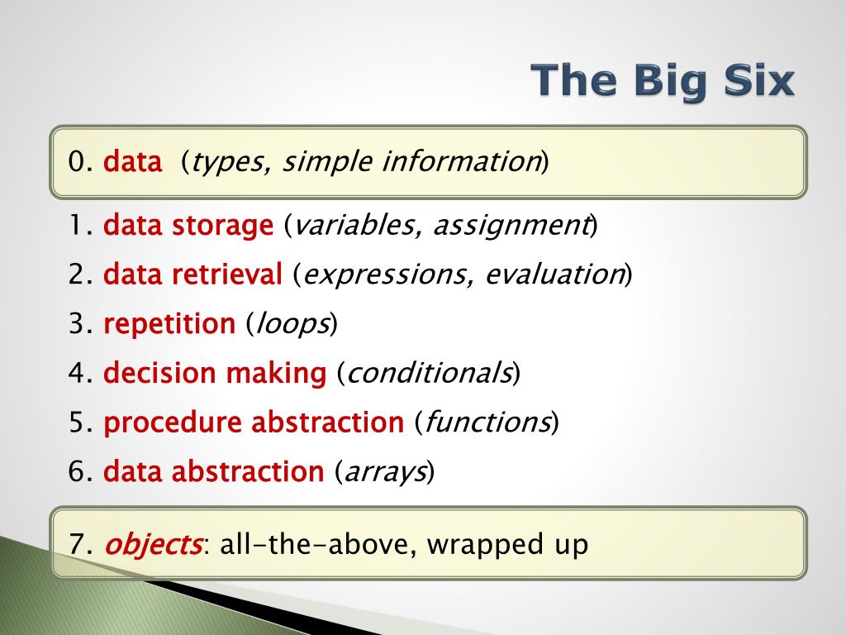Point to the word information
461,161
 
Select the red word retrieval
227,274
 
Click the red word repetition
169,324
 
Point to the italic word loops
292,324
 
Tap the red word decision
159,373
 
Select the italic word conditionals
429,373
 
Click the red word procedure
173,423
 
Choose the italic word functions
487,422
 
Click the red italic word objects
153,544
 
